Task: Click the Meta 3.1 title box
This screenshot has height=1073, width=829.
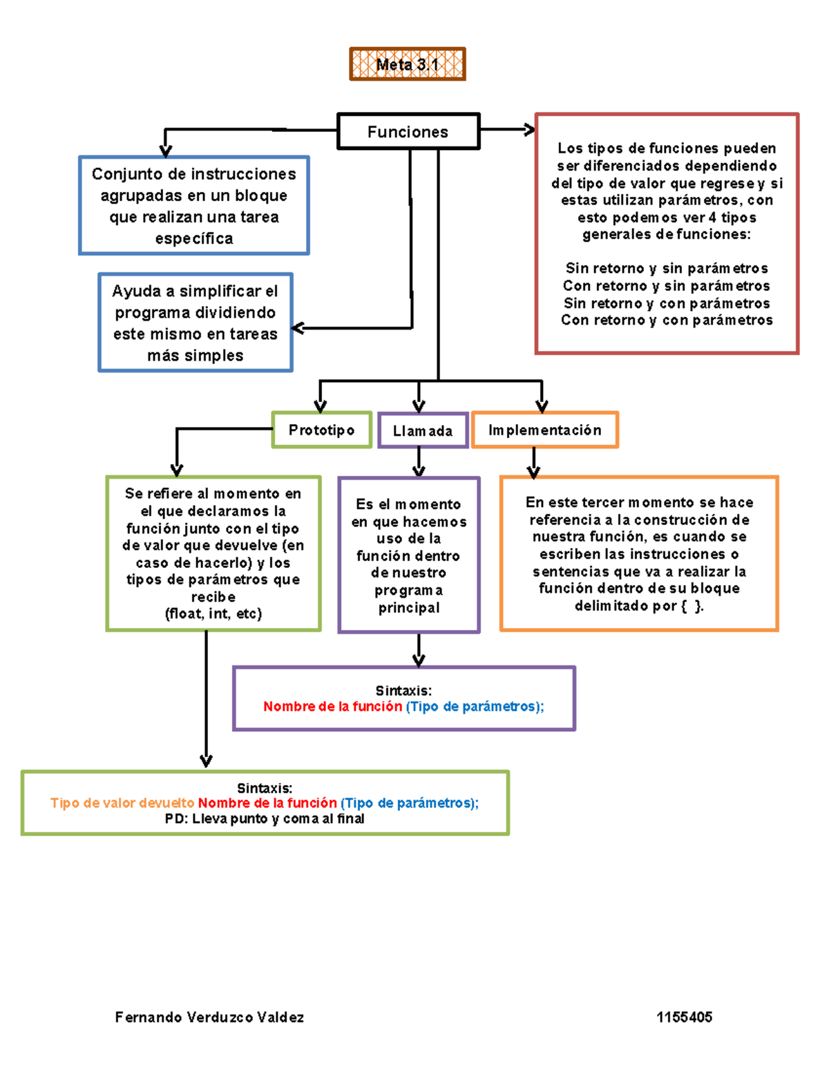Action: [x=408, y=64]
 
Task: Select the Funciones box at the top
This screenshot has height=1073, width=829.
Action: [x=408, y=131]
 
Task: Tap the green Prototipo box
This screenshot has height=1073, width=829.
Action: [x=322, y=430]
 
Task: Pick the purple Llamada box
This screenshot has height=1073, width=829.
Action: [x=423, y=430]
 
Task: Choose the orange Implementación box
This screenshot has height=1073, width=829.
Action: [x=545, y=430]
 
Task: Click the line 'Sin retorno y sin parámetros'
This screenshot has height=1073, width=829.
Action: [x=667, y=268]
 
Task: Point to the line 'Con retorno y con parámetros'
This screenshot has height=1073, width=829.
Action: [x=667, y=320]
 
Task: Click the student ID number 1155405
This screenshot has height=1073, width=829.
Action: [x=684, y=1017]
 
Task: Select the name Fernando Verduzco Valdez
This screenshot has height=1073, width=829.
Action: [x=209, y=1017]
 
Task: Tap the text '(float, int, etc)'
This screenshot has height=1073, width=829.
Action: [x=213, y=614]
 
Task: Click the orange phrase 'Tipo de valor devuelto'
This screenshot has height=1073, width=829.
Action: [x=122, y=803]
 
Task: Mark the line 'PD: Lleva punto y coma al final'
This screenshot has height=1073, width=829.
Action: [x=265, y=819]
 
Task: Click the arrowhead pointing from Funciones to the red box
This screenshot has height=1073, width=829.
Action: [x=531, y=129]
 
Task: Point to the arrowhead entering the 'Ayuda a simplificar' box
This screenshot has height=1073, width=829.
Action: [x=298, y=328]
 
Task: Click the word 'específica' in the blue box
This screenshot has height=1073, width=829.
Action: [x=194, y=238]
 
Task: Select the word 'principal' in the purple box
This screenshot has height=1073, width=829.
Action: [x=409, y=608]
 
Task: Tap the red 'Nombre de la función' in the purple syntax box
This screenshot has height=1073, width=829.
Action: [x=332, y=706]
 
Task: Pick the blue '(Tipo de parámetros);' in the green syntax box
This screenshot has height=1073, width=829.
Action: [x=410, y=803]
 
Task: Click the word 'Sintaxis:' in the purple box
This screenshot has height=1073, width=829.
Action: [x=403, y=690]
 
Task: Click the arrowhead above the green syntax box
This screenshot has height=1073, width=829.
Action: [x=206, y=761]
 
